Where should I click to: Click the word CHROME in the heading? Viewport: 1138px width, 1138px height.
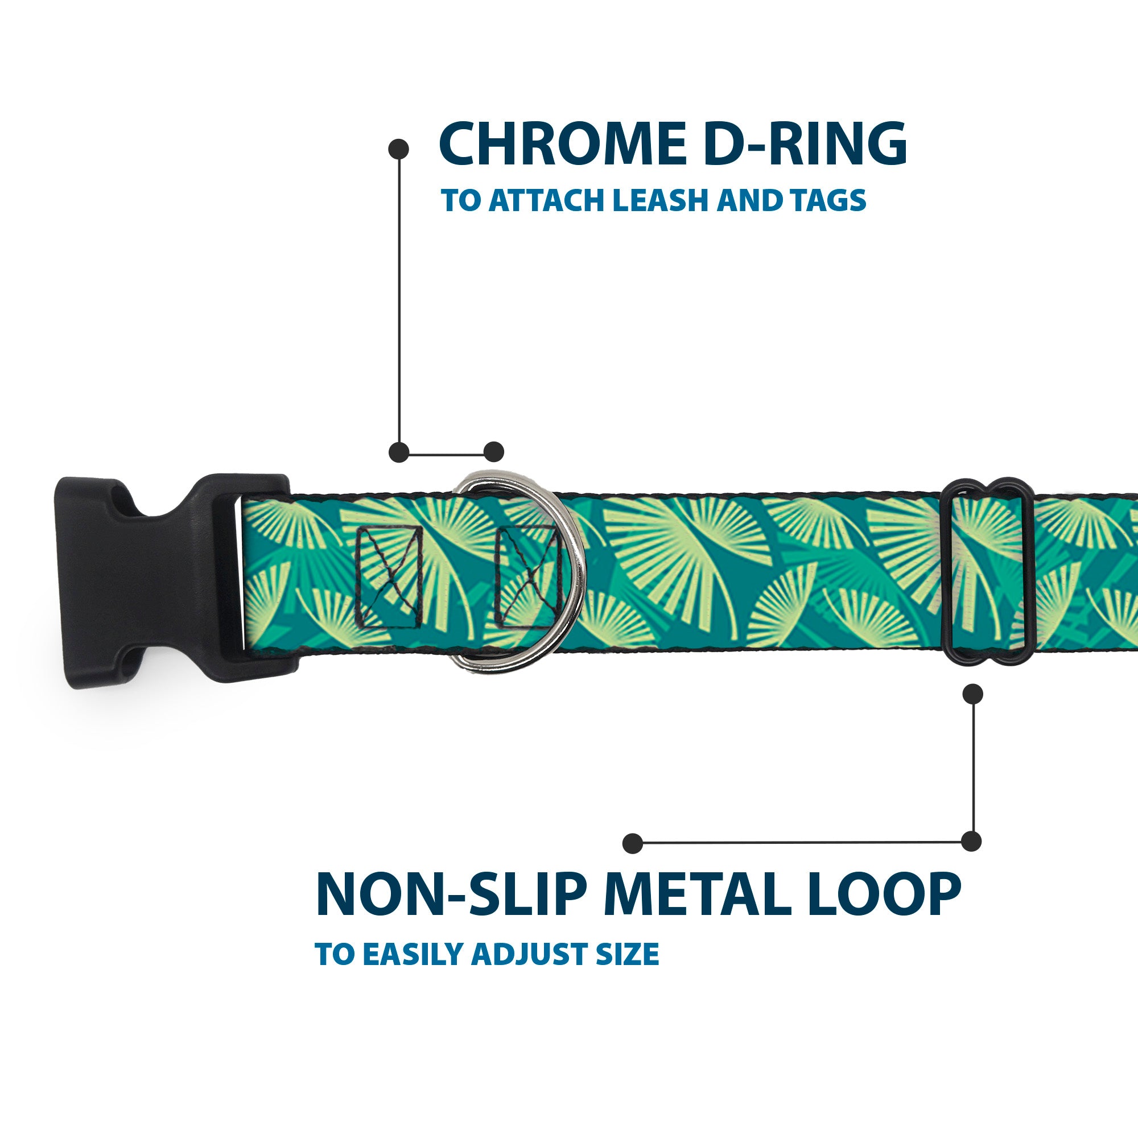tap(563, 144)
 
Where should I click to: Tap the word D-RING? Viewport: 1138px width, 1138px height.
tap(805, 144)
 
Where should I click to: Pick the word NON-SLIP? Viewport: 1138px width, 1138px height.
tap(451, 895)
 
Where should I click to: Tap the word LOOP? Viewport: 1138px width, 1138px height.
tap(888, 895)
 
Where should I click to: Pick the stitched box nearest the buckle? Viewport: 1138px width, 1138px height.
tap(390, 576)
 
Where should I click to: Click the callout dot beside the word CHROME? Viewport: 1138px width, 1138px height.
tap(399, 149)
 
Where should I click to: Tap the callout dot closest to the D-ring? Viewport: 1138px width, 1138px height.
tap(493, 452)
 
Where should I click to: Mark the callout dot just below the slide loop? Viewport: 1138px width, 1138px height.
tap(972, 694)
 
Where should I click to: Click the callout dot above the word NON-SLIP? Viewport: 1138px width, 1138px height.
tap(633, 843)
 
